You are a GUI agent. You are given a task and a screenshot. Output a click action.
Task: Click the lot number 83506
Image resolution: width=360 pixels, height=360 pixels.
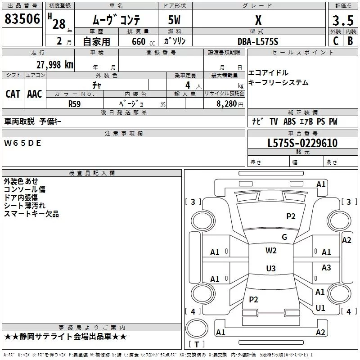pyautogui.click(x=22, y=19)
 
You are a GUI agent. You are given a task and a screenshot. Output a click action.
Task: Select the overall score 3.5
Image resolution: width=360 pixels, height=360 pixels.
pyautogui.click(x=343, y=20)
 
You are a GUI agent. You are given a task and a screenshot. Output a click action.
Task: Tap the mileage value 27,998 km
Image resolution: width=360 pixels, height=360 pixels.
pyautogui.click(x=54, y=65)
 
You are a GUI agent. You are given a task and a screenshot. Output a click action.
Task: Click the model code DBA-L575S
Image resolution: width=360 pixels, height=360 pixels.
pyautogui.click(x=258, y=41)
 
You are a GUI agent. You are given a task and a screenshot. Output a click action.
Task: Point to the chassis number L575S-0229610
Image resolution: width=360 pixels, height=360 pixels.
pyautogui.click(x=302, y=143)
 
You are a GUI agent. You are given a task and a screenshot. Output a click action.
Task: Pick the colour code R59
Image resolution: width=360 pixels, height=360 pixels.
pyautogui.click(x=74, y=104)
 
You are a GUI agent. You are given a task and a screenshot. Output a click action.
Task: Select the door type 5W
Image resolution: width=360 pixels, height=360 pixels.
pyautogui.click(x=174, y=20)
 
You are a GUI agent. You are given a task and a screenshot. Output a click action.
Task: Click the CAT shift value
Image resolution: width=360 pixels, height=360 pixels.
pyautogui.click(x=13, y=94)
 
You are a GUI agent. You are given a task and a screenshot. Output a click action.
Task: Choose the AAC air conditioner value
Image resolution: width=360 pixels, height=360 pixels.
pyautogui.click(x=35, y=94)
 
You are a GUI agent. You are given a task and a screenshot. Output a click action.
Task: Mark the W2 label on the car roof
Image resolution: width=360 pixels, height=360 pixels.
pyautogui.click(x=271, y=250)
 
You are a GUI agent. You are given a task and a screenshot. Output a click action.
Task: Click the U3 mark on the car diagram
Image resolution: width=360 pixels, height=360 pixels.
pyautogui.click(x=271, y=268)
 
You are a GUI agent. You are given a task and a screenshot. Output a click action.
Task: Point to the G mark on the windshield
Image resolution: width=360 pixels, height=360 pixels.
pyautogui.click(x=284, y=237)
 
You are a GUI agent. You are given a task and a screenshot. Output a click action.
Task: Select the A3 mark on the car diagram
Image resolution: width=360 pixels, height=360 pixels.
pyautogui.click(x=326, y=267)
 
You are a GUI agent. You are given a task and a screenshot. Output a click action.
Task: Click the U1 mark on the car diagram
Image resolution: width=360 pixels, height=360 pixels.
pyautogui.click(x=320, y=308)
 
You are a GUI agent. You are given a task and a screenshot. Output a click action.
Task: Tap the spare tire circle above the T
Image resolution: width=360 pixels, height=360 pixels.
pyautogui.click(x=197, y=328)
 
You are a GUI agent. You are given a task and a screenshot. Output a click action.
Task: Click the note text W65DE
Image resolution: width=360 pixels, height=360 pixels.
pyautogui.click(x=22, y=143)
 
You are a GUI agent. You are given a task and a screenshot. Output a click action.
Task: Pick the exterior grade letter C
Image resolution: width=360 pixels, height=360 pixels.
pyautogui.click(x=336, y=41)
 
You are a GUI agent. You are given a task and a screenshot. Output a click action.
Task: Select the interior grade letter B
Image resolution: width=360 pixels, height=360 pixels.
pyautogui.click(x=350, y=41)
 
